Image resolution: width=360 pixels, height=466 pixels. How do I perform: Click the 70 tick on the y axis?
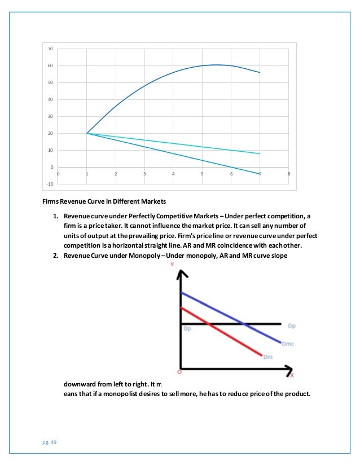(x=50, y=49)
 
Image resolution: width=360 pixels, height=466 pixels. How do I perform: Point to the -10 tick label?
(x=50, y=184)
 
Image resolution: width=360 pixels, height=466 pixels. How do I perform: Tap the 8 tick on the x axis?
(x=289, y=174)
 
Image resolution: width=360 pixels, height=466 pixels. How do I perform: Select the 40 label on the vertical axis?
(x=50, y=100)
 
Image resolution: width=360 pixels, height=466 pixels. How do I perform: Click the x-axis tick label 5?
(x=202, y=174)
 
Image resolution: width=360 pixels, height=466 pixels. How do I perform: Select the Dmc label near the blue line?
(x=289, y=344)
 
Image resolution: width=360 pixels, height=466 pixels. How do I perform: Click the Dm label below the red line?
(x=268, y=357)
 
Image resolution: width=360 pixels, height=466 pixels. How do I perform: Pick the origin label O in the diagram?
(x=179, y=372)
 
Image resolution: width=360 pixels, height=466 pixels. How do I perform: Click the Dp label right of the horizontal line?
(x=291, y=326)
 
